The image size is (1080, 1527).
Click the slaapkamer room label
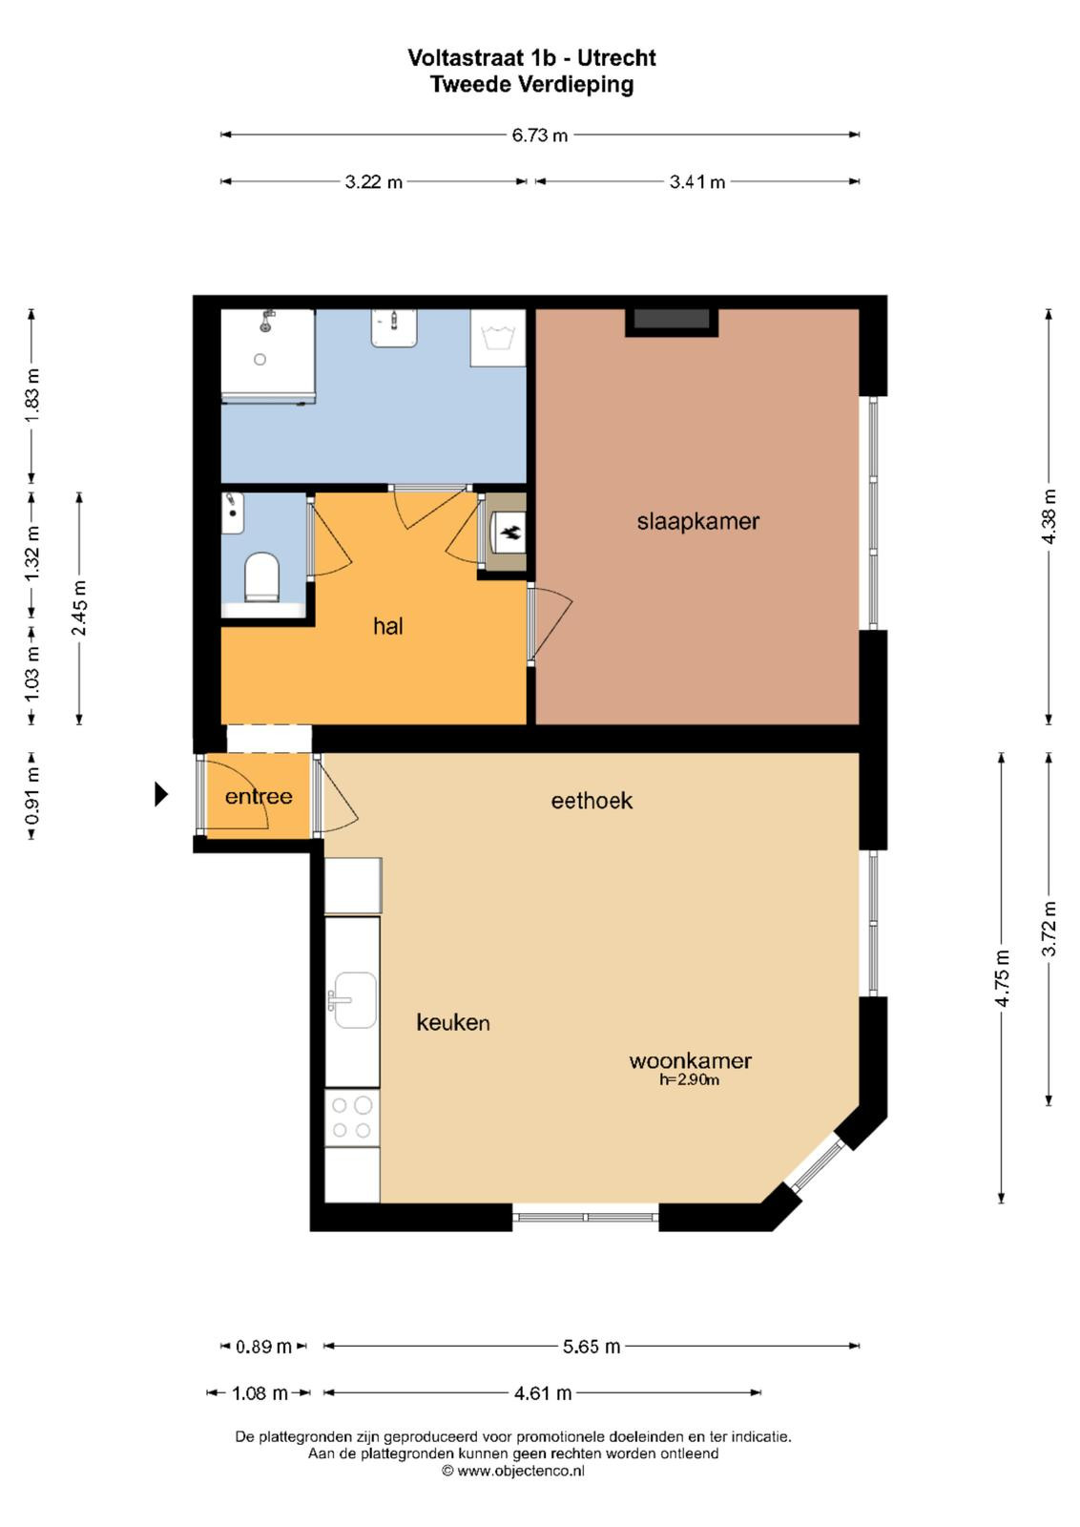(x=697, y=522)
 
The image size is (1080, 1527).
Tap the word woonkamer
(x=690, y=1060)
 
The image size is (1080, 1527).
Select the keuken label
(x=453, y=1022)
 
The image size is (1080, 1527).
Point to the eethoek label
(x=592, y=801)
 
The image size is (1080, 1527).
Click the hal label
(x=387, y=625)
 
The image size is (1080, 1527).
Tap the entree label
(x=259, y=796)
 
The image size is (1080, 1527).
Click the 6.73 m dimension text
(x=540, y=135)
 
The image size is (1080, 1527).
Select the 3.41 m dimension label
(x=697, y=182)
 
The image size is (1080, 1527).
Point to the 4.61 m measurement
(x=542, y=1392)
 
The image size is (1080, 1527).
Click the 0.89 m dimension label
(x=263, y=1347)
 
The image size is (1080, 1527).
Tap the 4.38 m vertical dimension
(x=1049, y=516)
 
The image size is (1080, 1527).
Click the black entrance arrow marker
(x=161, y=794)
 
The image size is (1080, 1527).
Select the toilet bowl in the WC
(x=261, y=577)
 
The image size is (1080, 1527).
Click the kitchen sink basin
(x=353, y=999)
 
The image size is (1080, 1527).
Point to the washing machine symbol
(x=497, y=338)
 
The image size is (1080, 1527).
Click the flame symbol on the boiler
(x=510, y=533)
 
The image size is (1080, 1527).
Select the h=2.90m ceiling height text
(x=689, y=1079)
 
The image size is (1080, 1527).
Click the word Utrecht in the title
(x=616, y=58)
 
